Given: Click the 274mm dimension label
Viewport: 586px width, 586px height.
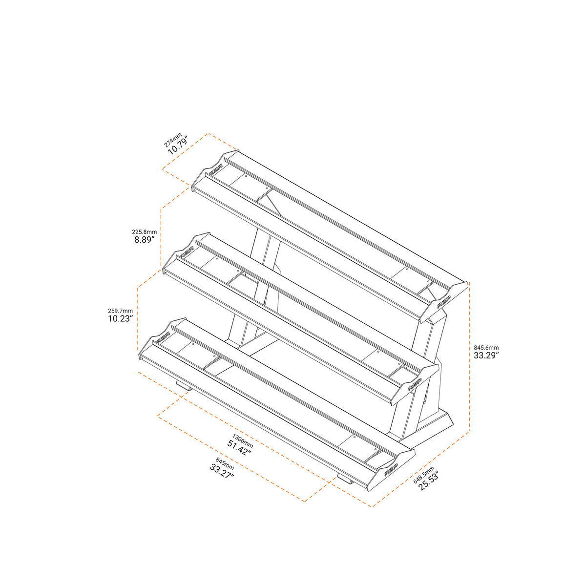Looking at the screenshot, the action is [x=173, y=140].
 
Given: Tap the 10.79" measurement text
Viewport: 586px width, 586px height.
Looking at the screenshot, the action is [x=178, y=146].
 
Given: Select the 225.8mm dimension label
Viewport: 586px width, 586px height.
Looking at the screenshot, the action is [x=145, y=232].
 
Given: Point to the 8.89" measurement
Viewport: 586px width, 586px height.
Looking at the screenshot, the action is [x=145, y=240].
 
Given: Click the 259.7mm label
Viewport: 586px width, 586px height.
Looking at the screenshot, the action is [x=121, y=311].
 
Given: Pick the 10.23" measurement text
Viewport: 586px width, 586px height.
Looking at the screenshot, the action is [x=121, y=319].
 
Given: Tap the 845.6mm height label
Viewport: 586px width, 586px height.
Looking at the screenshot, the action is [x=486, y=347].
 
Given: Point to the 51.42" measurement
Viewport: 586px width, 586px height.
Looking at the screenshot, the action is [x=240, y=448].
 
